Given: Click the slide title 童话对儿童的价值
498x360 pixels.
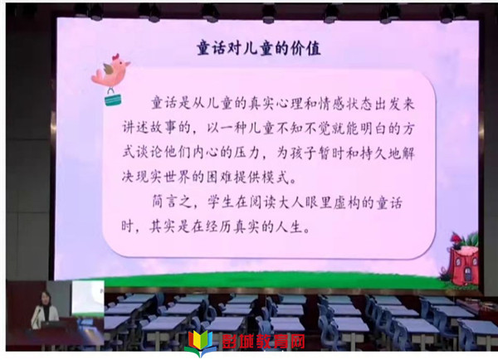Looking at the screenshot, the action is coord(258,48).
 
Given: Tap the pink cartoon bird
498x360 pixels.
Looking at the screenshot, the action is coord(110,71).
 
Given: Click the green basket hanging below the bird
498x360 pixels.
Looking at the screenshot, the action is coord(113,97).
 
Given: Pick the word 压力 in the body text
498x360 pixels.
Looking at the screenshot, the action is coord(247,153).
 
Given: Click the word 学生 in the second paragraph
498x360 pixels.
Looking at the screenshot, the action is coord(221,202).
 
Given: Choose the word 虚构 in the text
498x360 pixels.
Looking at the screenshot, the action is coord(346,202).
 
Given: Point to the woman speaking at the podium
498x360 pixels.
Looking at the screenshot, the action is coord(45,309).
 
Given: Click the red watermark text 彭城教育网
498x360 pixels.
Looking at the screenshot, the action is coord(263,341).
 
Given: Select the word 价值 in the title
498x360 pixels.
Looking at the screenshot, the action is coord(306,48).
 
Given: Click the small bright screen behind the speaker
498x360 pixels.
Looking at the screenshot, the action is coord(88,299).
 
